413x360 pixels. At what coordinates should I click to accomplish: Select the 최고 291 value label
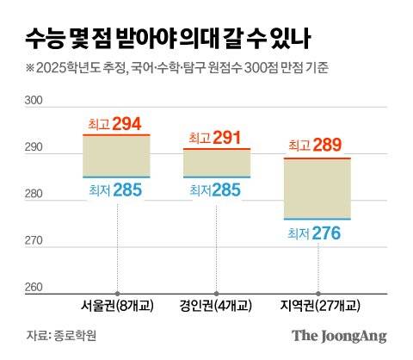(217, 136)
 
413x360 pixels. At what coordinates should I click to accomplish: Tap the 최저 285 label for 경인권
(217, 189)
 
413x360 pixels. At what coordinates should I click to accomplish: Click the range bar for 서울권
(116, 156)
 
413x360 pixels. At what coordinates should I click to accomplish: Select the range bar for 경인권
(217, 163)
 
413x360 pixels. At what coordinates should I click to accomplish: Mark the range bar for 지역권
(317, 189)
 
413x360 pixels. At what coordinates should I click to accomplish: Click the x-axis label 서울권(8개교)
(117, 306)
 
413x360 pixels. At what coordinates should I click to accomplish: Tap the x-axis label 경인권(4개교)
(218, 306)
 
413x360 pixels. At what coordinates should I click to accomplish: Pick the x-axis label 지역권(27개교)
(317, 306)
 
